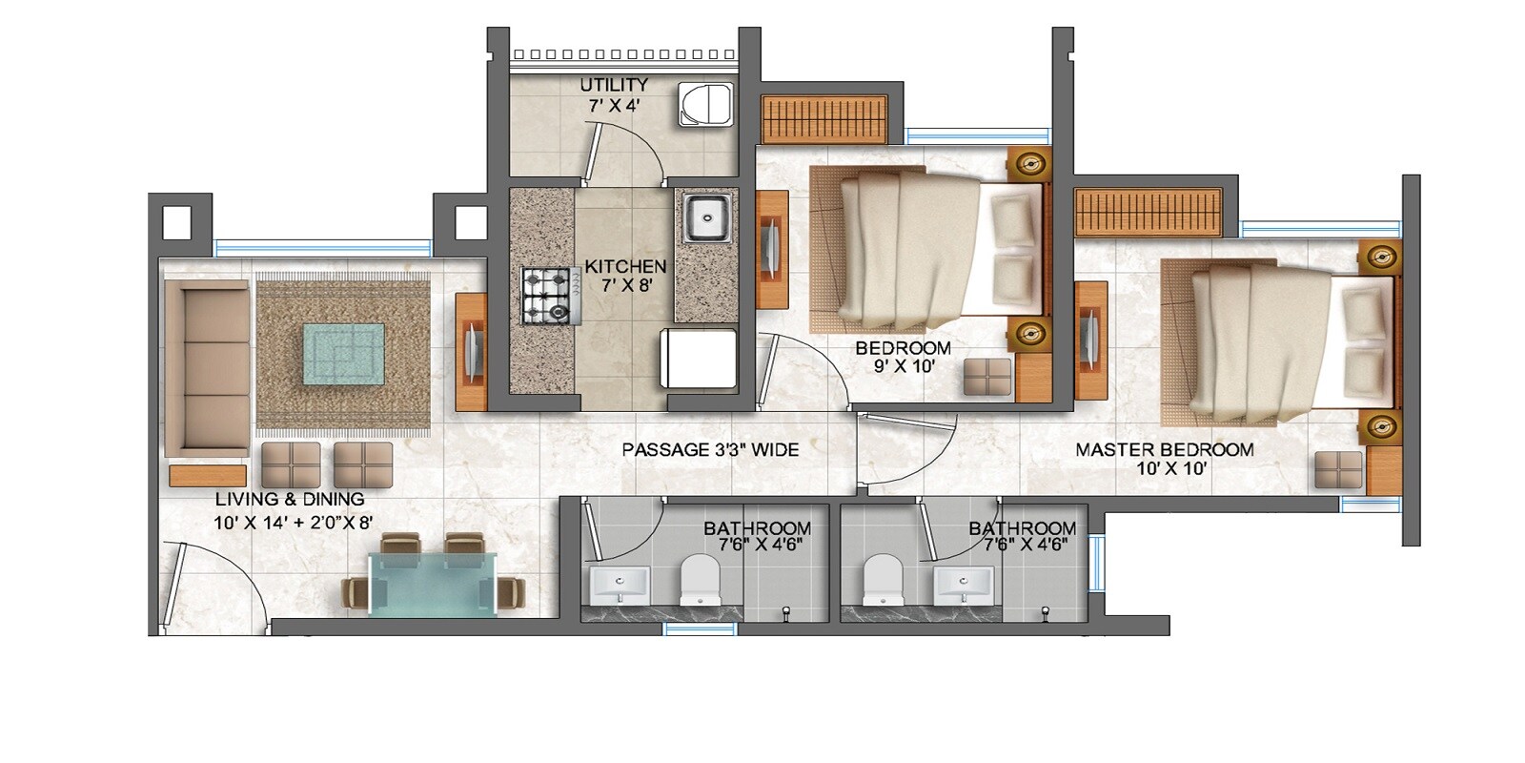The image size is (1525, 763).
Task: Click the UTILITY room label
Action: [614, 85]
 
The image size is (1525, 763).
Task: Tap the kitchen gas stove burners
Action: [546, 295]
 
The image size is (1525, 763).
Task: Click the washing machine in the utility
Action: [706, 104]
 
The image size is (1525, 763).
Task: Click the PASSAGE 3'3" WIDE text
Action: [710, 449]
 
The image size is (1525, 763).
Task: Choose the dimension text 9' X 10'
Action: [903, 365]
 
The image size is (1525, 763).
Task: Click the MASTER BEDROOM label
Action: [1165, 449]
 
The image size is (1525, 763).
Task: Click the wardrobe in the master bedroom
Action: [1148, 211]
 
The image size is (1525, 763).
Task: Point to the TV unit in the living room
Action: [472, 351]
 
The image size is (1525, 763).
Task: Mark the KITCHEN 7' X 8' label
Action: [624, 275]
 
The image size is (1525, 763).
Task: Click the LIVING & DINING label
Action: [290, 499]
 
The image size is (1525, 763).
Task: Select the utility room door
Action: [591, 153]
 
